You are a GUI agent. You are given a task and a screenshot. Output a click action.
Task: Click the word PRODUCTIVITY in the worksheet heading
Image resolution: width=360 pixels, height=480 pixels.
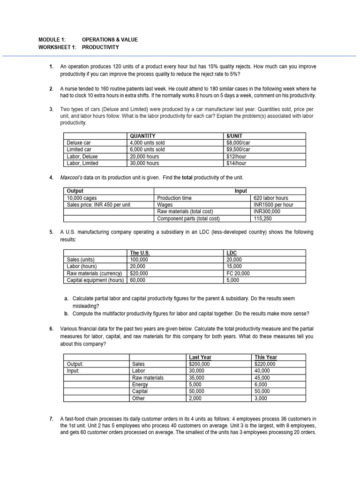(x=100, y=47)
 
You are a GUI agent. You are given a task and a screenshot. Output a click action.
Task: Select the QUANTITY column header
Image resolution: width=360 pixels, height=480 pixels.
(x=142, y=136)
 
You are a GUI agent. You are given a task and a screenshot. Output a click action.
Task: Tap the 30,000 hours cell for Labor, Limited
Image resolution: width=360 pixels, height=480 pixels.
(x=144, y=163)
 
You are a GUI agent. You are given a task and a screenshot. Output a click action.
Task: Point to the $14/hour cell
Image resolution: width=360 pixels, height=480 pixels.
(x=236, y=163)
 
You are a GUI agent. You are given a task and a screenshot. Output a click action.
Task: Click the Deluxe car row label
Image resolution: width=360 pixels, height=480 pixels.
(x=79, y=143)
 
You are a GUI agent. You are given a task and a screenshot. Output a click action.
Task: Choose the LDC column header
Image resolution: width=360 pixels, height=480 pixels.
(x=232, y=253)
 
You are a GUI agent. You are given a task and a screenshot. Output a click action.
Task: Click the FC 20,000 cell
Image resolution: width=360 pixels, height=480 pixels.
(x=238, y=273)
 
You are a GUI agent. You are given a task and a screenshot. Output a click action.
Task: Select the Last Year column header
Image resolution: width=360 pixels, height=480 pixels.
(x=200, y=357)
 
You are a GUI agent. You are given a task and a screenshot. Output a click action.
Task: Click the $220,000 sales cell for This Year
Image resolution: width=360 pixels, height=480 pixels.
(x=265, y=364)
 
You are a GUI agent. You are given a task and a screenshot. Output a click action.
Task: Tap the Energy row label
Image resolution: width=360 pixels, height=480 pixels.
(x=140, y=384)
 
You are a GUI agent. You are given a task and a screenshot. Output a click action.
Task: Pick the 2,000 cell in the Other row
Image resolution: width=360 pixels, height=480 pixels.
(x=195, y=398)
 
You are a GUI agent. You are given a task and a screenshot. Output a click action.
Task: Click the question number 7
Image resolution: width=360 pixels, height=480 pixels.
(x=51, y=419)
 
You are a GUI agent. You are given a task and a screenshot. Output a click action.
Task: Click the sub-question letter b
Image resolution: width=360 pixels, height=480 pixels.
(x=67, y=314)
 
